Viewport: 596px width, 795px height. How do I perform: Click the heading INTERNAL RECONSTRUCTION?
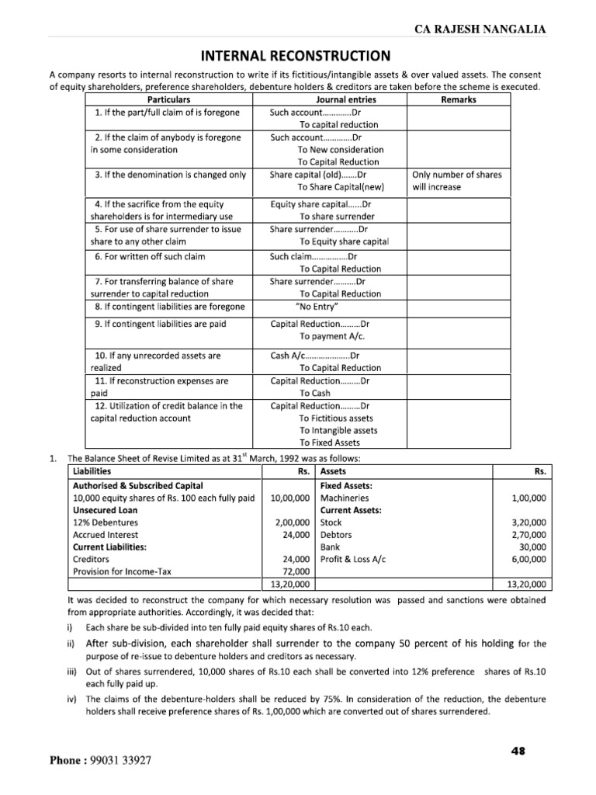point(297,57)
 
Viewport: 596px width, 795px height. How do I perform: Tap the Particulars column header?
point(168,100)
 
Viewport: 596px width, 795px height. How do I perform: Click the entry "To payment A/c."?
point(331,336)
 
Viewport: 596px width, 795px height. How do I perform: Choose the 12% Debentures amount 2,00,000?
point(291,522)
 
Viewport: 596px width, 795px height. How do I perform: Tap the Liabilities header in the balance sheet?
point(92,471)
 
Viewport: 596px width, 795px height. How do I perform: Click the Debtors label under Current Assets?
point(336,535)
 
